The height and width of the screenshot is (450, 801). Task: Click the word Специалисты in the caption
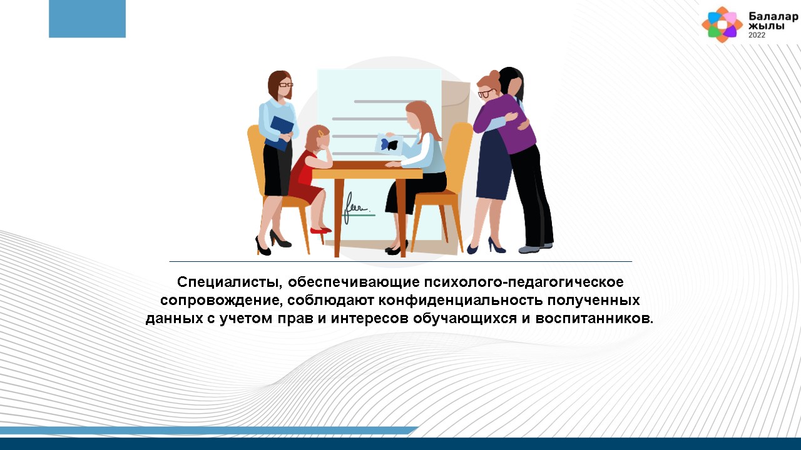[x=227, y=282]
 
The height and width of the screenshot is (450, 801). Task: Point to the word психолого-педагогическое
[x=524, y=282]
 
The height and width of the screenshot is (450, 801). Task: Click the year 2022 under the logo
[x=757, y=35]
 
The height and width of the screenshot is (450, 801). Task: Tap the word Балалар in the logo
[x=773, y=16]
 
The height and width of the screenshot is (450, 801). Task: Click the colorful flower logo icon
[x=722, y=24]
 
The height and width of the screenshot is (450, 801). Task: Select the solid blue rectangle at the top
[x=87, y=19]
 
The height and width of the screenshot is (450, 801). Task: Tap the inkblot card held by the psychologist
[x=389, y=144]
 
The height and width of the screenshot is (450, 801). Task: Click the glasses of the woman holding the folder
[x=285, y=85]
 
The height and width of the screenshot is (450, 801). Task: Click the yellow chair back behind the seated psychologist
[x=459, y=156]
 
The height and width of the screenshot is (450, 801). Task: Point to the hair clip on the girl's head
[x=322, y=133]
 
